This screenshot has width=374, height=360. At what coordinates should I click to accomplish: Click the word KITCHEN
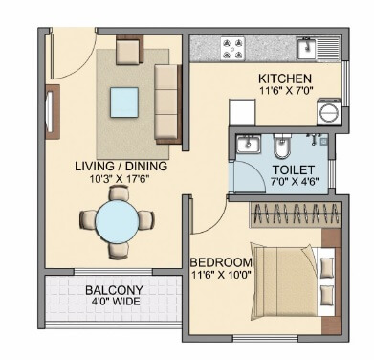tap(285, 78)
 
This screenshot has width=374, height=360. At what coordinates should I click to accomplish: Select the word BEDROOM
tap(221, 262)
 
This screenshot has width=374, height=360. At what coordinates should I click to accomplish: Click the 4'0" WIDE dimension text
tap(113, 304)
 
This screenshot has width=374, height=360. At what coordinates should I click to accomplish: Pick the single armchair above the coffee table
tap(129, 50)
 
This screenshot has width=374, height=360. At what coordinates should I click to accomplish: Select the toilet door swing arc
tap(247, 177)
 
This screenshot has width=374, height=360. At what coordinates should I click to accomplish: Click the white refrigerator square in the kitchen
tap(238, 112)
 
